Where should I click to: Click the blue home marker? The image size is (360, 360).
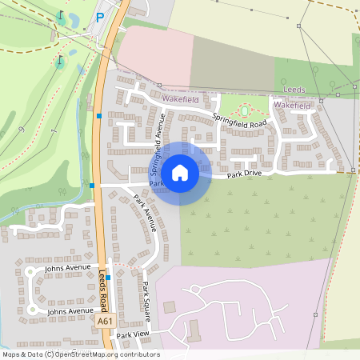click(x=180, y=172)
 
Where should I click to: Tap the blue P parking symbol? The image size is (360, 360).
click(x=100, y=17)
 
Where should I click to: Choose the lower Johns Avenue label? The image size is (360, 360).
click(x=70, y=310)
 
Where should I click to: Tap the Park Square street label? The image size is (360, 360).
click(x=146, y=297)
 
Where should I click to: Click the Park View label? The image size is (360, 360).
click(x=133, y=334)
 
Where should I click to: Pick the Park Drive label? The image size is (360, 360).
click(x=244, y=174)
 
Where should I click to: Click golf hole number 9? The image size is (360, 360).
click(x=22, y=128)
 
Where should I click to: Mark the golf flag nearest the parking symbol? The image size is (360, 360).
click(x=60, y=17)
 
